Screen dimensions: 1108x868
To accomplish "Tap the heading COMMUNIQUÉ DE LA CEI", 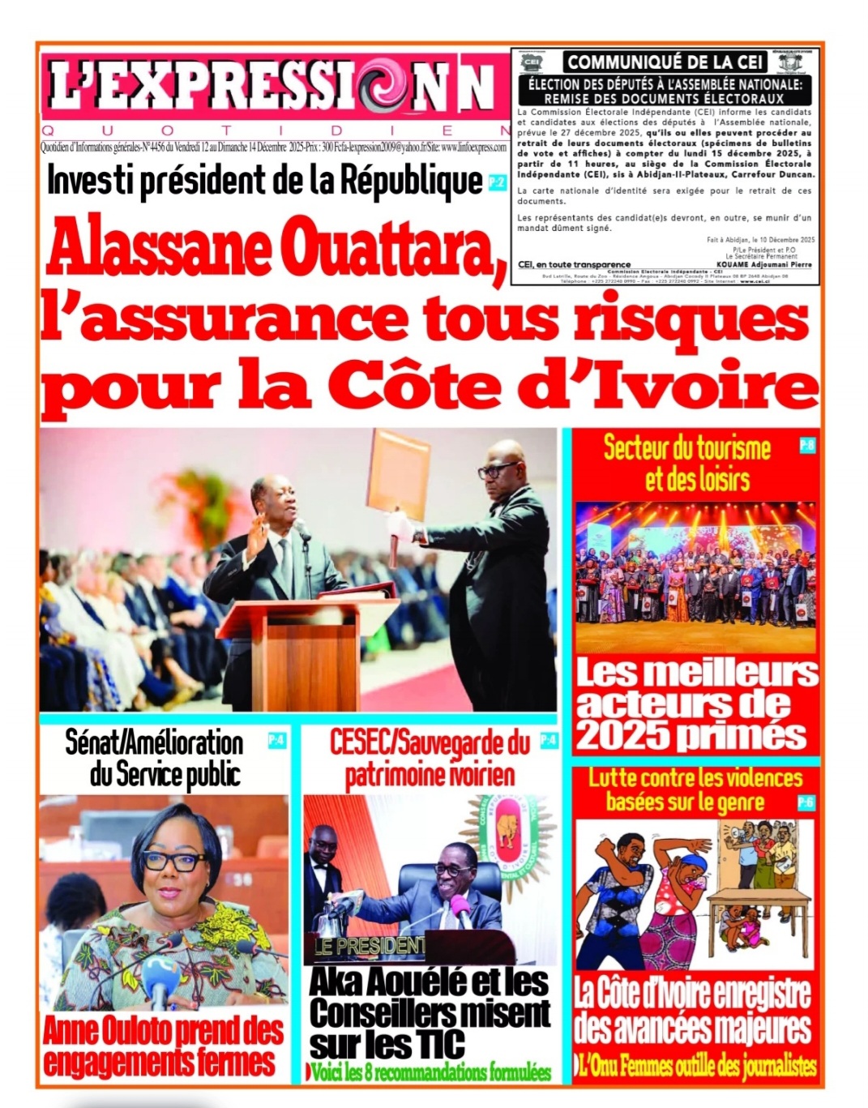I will [665, 62].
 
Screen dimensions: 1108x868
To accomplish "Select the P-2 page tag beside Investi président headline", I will [497, 183].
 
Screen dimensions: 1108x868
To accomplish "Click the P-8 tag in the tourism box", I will [806, 445].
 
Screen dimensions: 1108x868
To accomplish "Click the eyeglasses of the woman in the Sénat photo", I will [174, 862].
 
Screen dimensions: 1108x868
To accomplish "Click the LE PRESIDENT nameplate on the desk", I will [370, 945].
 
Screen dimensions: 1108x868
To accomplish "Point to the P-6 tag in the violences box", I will [806, 802].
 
